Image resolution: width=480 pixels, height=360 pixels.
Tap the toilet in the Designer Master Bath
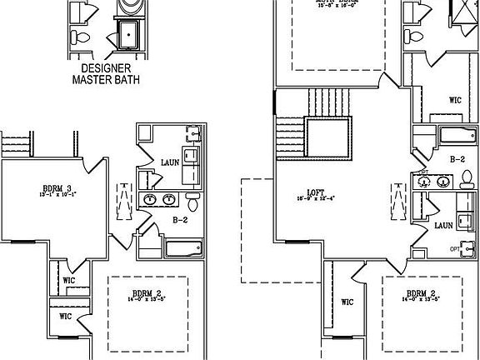[76, 37]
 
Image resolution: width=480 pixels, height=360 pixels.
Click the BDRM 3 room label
[56, 187]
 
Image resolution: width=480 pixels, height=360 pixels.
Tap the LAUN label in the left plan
[169, 162]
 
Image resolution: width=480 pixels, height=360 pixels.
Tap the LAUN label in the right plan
[443, 225]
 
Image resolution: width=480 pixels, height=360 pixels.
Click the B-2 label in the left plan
[179, 221]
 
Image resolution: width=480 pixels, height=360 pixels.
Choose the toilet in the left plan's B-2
[192, 202]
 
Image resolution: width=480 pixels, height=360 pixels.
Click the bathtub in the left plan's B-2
[182, 248]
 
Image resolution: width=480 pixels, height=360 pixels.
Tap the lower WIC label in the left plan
[66, 317]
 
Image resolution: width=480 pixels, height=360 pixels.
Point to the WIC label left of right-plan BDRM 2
[347, 302]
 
